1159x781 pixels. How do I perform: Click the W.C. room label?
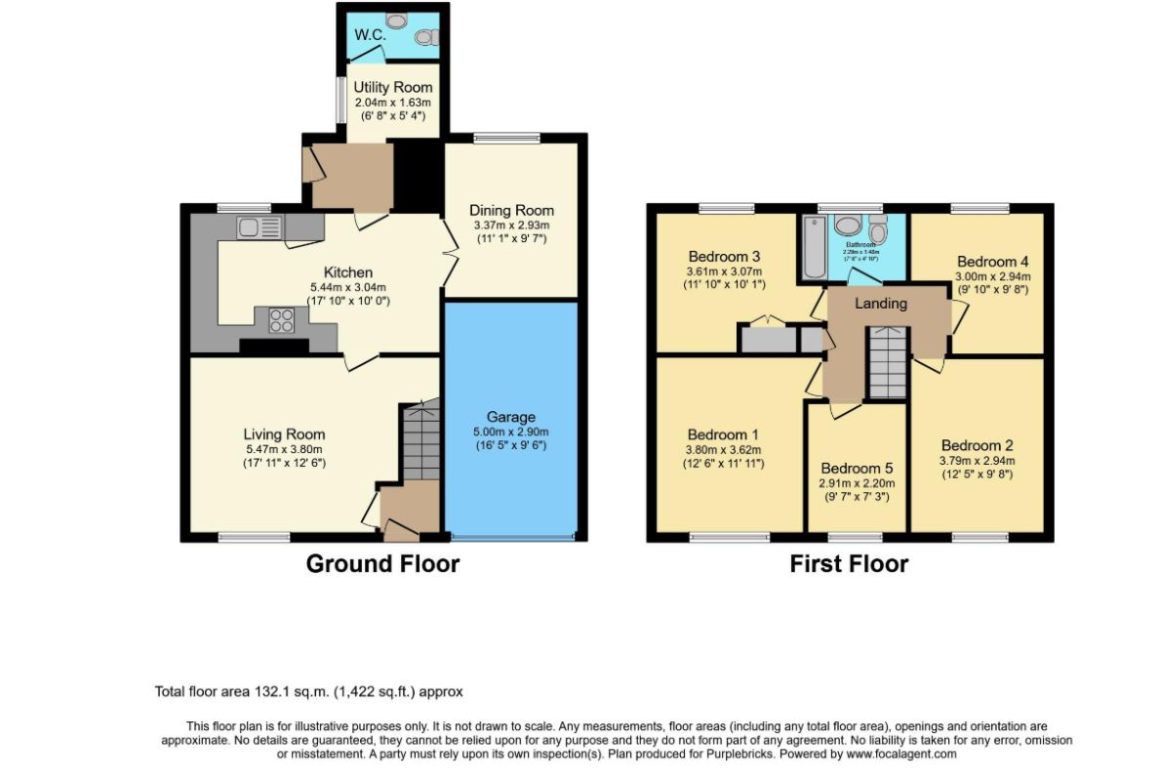pyautogui.click(x=371, y=35)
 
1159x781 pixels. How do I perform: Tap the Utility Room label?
pyautogui.click(x=393, y=88)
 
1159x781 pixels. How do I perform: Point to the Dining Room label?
pyautogui.click(x=511, y=210)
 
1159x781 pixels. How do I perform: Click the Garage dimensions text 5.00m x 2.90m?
pyautogui.click(x=510, y=432)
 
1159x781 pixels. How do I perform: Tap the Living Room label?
pyautogui.click(x=284, y=434)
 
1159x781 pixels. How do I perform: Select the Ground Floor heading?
pyautogui.click(x=382, y=563)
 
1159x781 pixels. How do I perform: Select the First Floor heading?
pyautogui.click(x=849, y=563)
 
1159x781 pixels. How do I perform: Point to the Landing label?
pyautogui.click(x=881, y=304)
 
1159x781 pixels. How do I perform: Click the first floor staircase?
pyautogui.click(x=888, y=363)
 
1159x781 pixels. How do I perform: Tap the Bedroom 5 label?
pyautogui.click(x=857, y=468)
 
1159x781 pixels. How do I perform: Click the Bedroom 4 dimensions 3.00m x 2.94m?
pyautogui.click(x=993, y=276)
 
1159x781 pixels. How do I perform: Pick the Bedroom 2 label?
pyautogui.click(x=977, y=446)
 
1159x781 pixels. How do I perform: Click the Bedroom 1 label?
pyautogui.click(x=723, y=434)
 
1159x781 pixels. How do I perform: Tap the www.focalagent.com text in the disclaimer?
pyautogui.click(x=900, y=754)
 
